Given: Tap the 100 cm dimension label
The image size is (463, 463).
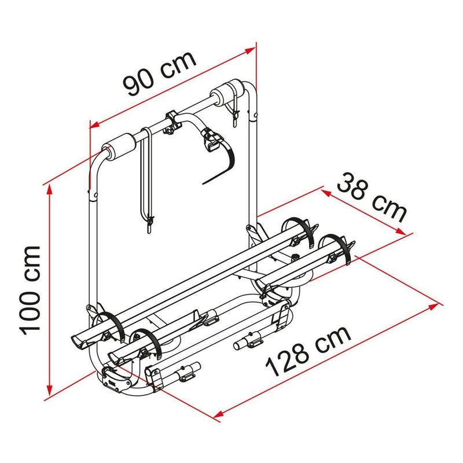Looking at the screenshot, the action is [x=30, y=291].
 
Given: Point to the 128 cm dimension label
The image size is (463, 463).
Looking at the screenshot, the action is [x=308, y=351].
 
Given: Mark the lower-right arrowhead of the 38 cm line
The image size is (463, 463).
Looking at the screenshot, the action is [x=400, y=231].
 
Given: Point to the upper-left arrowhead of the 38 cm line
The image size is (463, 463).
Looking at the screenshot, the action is [x=326, y=193].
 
